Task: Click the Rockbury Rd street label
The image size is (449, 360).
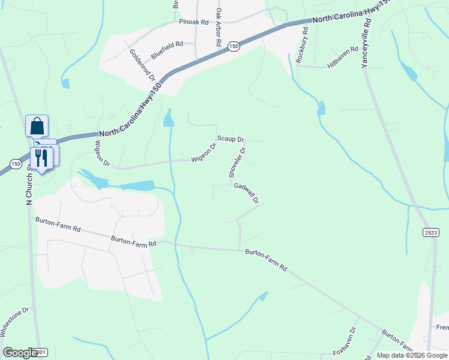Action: [x=301, y=46]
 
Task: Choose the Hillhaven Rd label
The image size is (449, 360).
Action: [x=343, y=56]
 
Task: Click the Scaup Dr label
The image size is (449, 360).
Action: [x=231, y=139]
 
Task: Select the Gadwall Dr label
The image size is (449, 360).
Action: [x=246, y=193]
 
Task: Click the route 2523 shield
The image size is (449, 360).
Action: [x=430, y=232]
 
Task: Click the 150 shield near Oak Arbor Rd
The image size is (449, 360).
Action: [x=234, y=46]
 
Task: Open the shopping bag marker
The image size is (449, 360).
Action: [x=37, y=126]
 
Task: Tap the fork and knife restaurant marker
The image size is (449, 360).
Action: [x=41, y=158]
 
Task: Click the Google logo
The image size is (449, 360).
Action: [x=20, y=353]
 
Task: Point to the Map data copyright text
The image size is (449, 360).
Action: [x=412, y=355]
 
